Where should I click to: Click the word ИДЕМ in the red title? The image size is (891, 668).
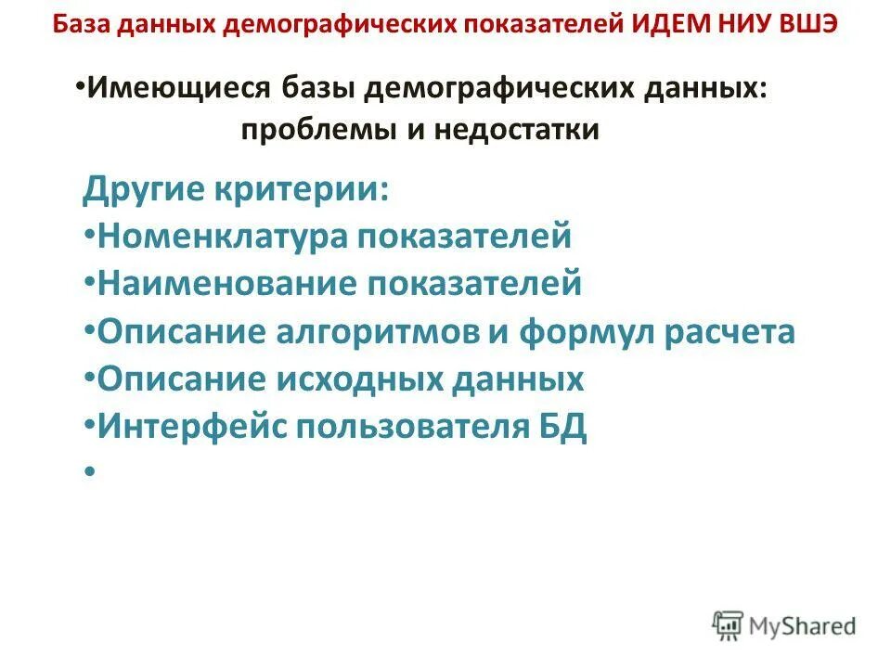[673, 23]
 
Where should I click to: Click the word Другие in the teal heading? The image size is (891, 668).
[144, 192]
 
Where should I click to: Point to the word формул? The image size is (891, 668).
[577, 331]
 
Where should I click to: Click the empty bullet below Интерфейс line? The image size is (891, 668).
[89, 473]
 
